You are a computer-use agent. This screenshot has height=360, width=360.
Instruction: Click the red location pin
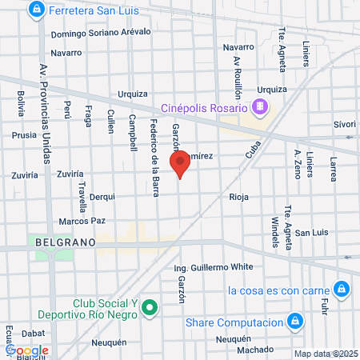click(x=180, y=163)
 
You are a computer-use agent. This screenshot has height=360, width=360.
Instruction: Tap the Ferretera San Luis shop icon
click(x=36, y=10)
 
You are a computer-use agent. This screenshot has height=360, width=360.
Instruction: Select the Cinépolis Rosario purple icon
click(x=259, y=106)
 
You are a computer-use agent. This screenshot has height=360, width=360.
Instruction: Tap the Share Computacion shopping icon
click(x=294, y=322)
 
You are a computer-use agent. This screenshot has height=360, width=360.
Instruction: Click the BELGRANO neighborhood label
click(x=65, y=241)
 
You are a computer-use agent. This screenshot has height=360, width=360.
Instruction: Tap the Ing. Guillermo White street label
click(x=213, y=266)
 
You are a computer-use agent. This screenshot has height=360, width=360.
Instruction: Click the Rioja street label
click(x=239, y=197)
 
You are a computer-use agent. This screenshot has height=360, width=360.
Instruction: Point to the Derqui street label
click(x=102, y=196)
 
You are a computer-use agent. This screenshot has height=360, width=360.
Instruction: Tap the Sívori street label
click(x=344, y=124)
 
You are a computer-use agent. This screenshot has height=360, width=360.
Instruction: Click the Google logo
click(x=28, y=350)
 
